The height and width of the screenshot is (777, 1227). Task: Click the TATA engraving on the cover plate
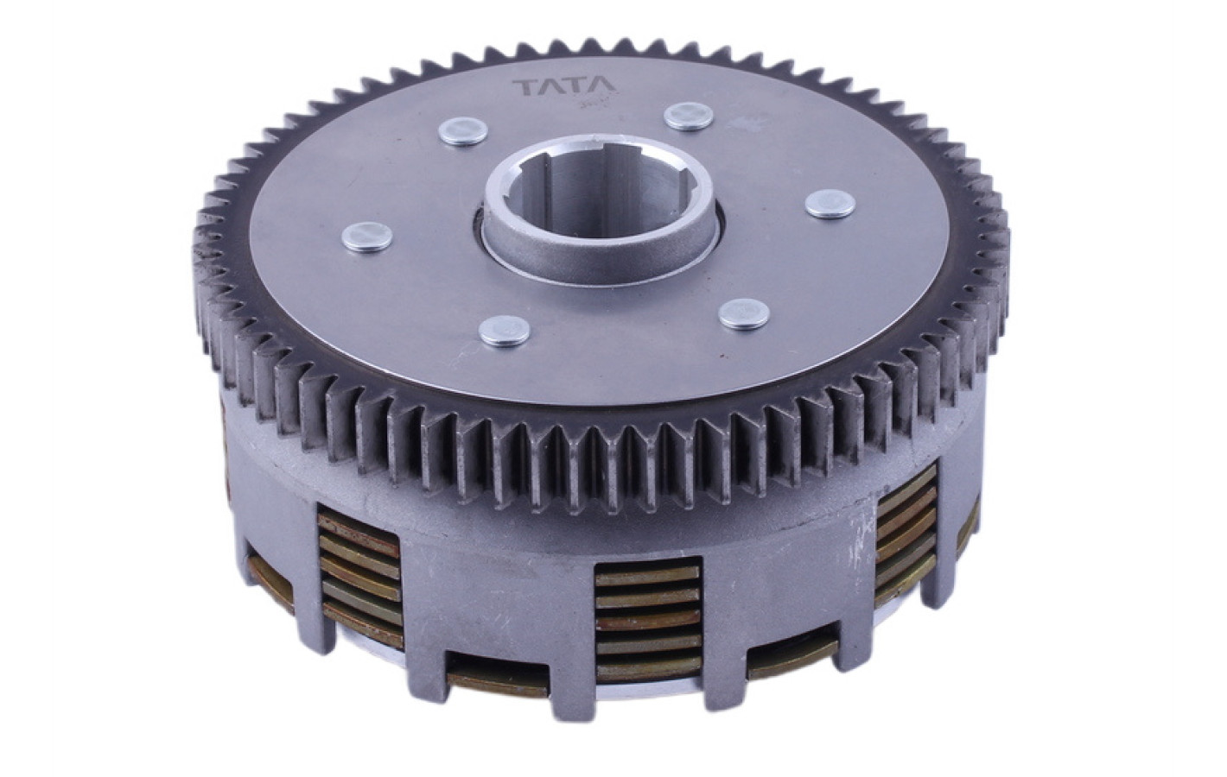coord(563,86)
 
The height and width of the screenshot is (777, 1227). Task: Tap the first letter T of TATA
coord(524,87)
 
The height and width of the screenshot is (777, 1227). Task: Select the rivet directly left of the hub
coord(366,237)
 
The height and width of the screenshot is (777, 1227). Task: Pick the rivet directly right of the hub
coord(830,204)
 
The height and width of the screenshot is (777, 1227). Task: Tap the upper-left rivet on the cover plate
coord(463,132)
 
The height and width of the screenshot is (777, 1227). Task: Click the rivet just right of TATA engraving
coord(688,117)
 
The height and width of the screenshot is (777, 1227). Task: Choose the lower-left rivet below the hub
coord(504,331)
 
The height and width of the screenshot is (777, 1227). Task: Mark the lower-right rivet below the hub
coord(744,314)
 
